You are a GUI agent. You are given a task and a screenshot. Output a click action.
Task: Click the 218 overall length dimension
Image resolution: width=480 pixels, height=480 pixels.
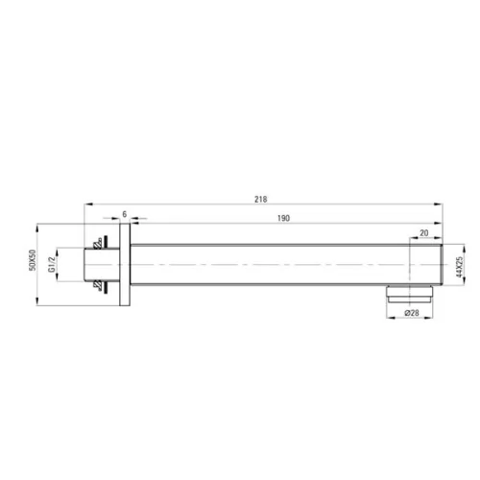pos(260,200)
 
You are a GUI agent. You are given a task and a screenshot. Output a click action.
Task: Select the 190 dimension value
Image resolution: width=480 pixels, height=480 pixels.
pos(283,218)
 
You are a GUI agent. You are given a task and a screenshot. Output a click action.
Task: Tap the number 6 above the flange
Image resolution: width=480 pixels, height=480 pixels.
pos(125,214)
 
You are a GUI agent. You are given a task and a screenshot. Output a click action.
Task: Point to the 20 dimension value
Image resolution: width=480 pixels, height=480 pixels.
pos(424,233)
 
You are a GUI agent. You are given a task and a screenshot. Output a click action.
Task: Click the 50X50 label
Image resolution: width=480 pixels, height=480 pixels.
pos(33,260)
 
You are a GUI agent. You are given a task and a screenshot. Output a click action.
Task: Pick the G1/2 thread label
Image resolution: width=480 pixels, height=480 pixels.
pos(52,264)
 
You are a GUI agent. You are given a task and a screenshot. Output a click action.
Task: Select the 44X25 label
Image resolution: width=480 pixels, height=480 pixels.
pos(460,267)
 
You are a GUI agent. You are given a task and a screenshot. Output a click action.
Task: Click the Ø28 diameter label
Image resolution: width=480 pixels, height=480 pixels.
pos(412,313)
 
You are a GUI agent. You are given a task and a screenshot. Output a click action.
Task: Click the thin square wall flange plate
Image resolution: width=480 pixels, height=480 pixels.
pos(125,264)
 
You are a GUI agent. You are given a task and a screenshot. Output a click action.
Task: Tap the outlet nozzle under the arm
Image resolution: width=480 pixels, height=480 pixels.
pos(410,294)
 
